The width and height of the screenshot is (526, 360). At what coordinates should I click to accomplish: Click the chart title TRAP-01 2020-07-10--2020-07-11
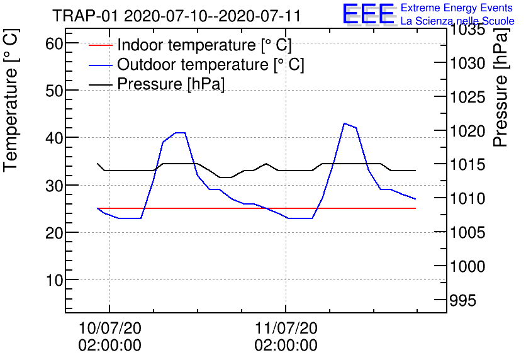click(x=176, y=16)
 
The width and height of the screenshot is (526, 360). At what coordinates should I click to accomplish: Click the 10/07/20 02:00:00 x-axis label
click(x=109, y=336)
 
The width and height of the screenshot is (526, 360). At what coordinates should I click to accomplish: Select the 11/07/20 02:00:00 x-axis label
click(x=286, y=336)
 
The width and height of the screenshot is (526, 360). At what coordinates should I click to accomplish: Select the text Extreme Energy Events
click(x=457, y=8)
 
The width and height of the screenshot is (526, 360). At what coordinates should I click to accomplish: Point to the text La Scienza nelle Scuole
click(x=457, y=21)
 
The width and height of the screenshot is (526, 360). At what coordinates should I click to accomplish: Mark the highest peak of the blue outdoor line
click(x=344, y=123)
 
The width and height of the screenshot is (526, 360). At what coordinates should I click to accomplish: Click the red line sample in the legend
click(x=101, y=46)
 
